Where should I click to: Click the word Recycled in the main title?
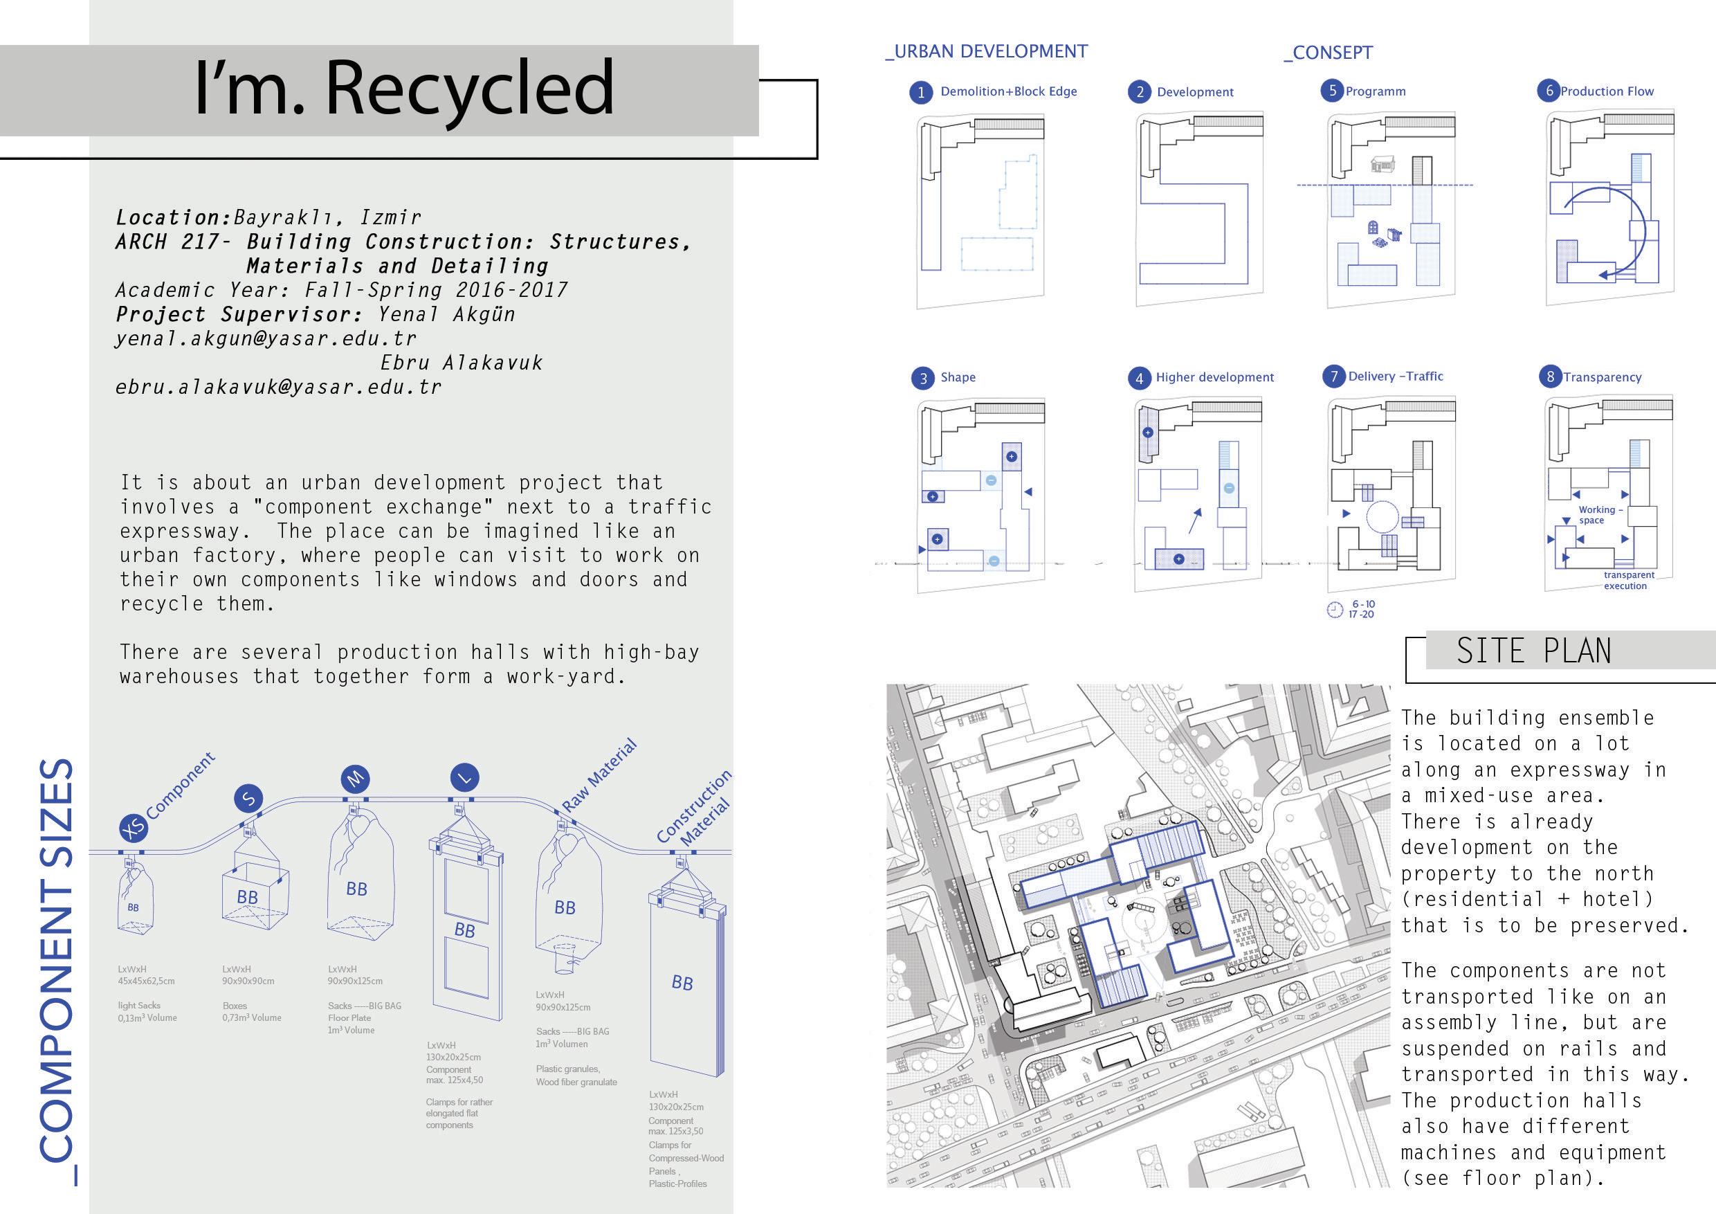[469, 88]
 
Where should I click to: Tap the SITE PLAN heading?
[1533, 651]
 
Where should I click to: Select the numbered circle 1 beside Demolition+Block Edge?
[921, 93]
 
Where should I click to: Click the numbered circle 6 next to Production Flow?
[1549, 91]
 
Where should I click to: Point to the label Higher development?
[1214, 377]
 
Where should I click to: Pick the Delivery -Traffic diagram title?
[1396, 376]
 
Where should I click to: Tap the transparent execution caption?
[1629, 580]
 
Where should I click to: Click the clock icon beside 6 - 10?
[1334, 610]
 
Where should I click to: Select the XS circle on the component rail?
[133, 828]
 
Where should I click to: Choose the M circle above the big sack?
[355, 779]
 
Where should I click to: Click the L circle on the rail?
[465, 777]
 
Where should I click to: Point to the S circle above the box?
[249, 798]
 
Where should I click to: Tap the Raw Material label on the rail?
[599, 775]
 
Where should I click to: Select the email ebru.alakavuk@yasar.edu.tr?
[278, 387]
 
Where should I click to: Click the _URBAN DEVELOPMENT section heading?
[987, 52]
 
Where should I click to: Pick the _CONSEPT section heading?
[1328, 53]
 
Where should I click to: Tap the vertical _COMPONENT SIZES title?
[57, 972]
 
